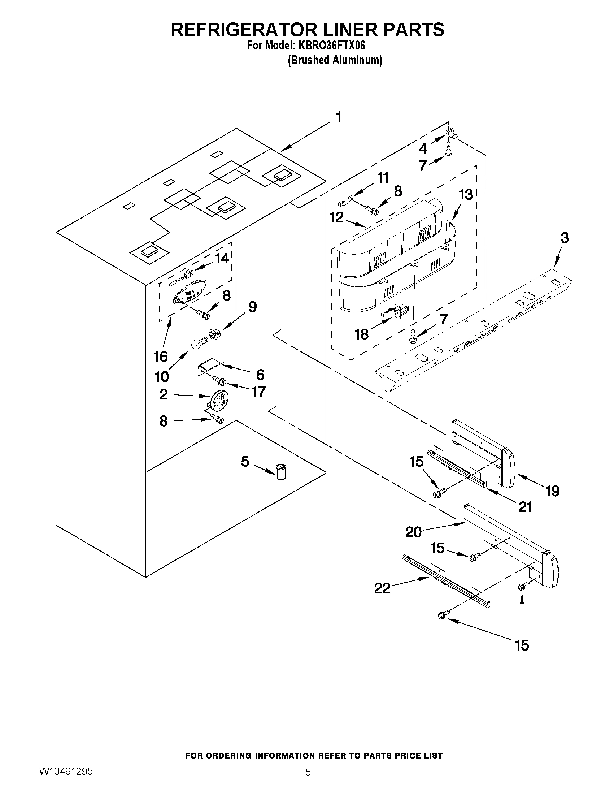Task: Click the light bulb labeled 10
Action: pyautogui.click(x=198, y=343)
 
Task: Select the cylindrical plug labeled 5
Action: pyautogui.click(x=281, y=472)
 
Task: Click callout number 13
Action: pyautogui.click(x=466, y=194)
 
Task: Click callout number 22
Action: pyautogui.click(x=382, y=588)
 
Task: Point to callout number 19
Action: pyautogui.click(x=553, y=491)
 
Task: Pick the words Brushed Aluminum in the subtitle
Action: pyautogui.click(x=335, y=60)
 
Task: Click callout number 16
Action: pyautogui.click(x=161, y=357)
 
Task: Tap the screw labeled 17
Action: pyautogui.click(x=219, y=381)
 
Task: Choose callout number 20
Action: pyautogui.click(x=413, y=532)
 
